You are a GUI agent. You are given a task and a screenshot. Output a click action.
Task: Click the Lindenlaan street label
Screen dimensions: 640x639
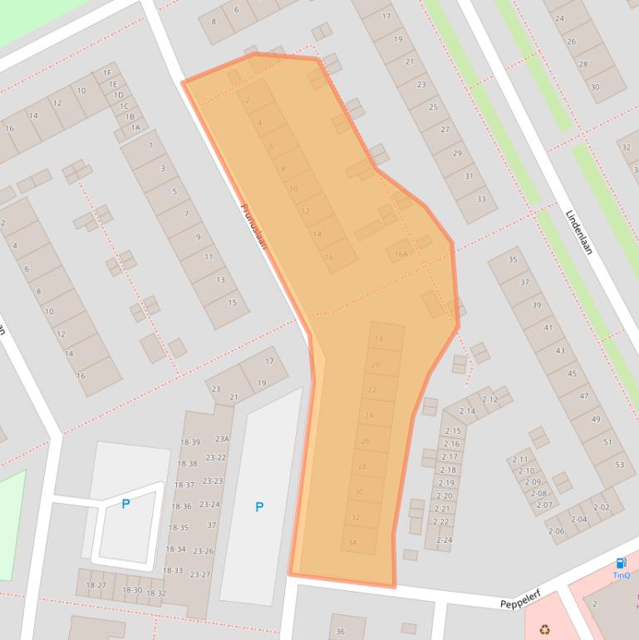click(579, 231)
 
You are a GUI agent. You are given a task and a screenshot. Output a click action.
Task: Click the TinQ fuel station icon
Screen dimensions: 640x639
click(621, 564)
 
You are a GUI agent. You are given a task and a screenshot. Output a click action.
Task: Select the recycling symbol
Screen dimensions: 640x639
click(544, 630)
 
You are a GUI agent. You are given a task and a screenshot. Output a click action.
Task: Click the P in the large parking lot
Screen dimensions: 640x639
click(259, 506)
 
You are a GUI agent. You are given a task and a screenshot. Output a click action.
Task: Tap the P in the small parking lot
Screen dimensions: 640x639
click(125, 504)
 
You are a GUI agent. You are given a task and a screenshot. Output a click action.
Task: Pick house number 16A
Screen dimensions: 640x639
click(401, 254)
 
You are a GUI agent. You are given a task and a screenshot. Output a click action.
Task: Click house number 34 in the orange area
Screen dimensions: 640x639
click(352, 543)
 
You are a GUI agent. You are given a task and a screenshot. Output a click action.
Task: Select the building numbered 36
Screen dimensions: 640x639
click(340, 632)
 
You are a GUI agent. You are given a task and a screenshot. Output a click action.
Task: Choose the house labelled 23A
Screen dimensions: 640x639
click(222, 439)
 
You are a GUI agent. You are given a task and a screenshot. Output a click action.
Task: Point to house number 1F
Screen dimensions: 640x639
click(107, 73)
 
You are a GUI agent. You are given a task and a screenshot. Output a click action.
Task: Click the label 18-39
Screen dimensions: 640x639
click(189, 442)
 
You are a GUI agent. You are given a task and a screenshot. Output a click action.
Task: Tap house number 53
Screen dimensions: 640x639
click(619, 464)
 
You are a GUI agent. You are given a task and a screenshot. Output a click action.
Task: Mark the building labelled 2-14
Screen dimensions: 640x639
click(467, 411)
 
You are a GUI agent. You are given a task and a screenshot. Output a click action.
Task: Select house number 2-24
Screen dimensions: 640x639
click(444, 540)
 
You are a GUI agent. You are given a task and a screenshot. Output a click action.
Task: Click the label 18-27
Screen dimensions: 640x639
click(96, 585)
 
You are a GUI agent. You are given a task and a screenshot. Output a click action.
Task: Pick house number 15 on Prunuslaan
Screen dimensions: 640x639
click(233, 303)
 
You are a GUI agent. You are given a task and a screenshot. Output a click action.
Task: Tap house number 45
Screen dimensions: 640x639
click(572, 374)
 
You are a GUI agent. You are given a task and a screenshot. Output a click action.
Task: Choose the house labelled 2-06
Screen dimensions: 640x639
click(556, 531)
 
